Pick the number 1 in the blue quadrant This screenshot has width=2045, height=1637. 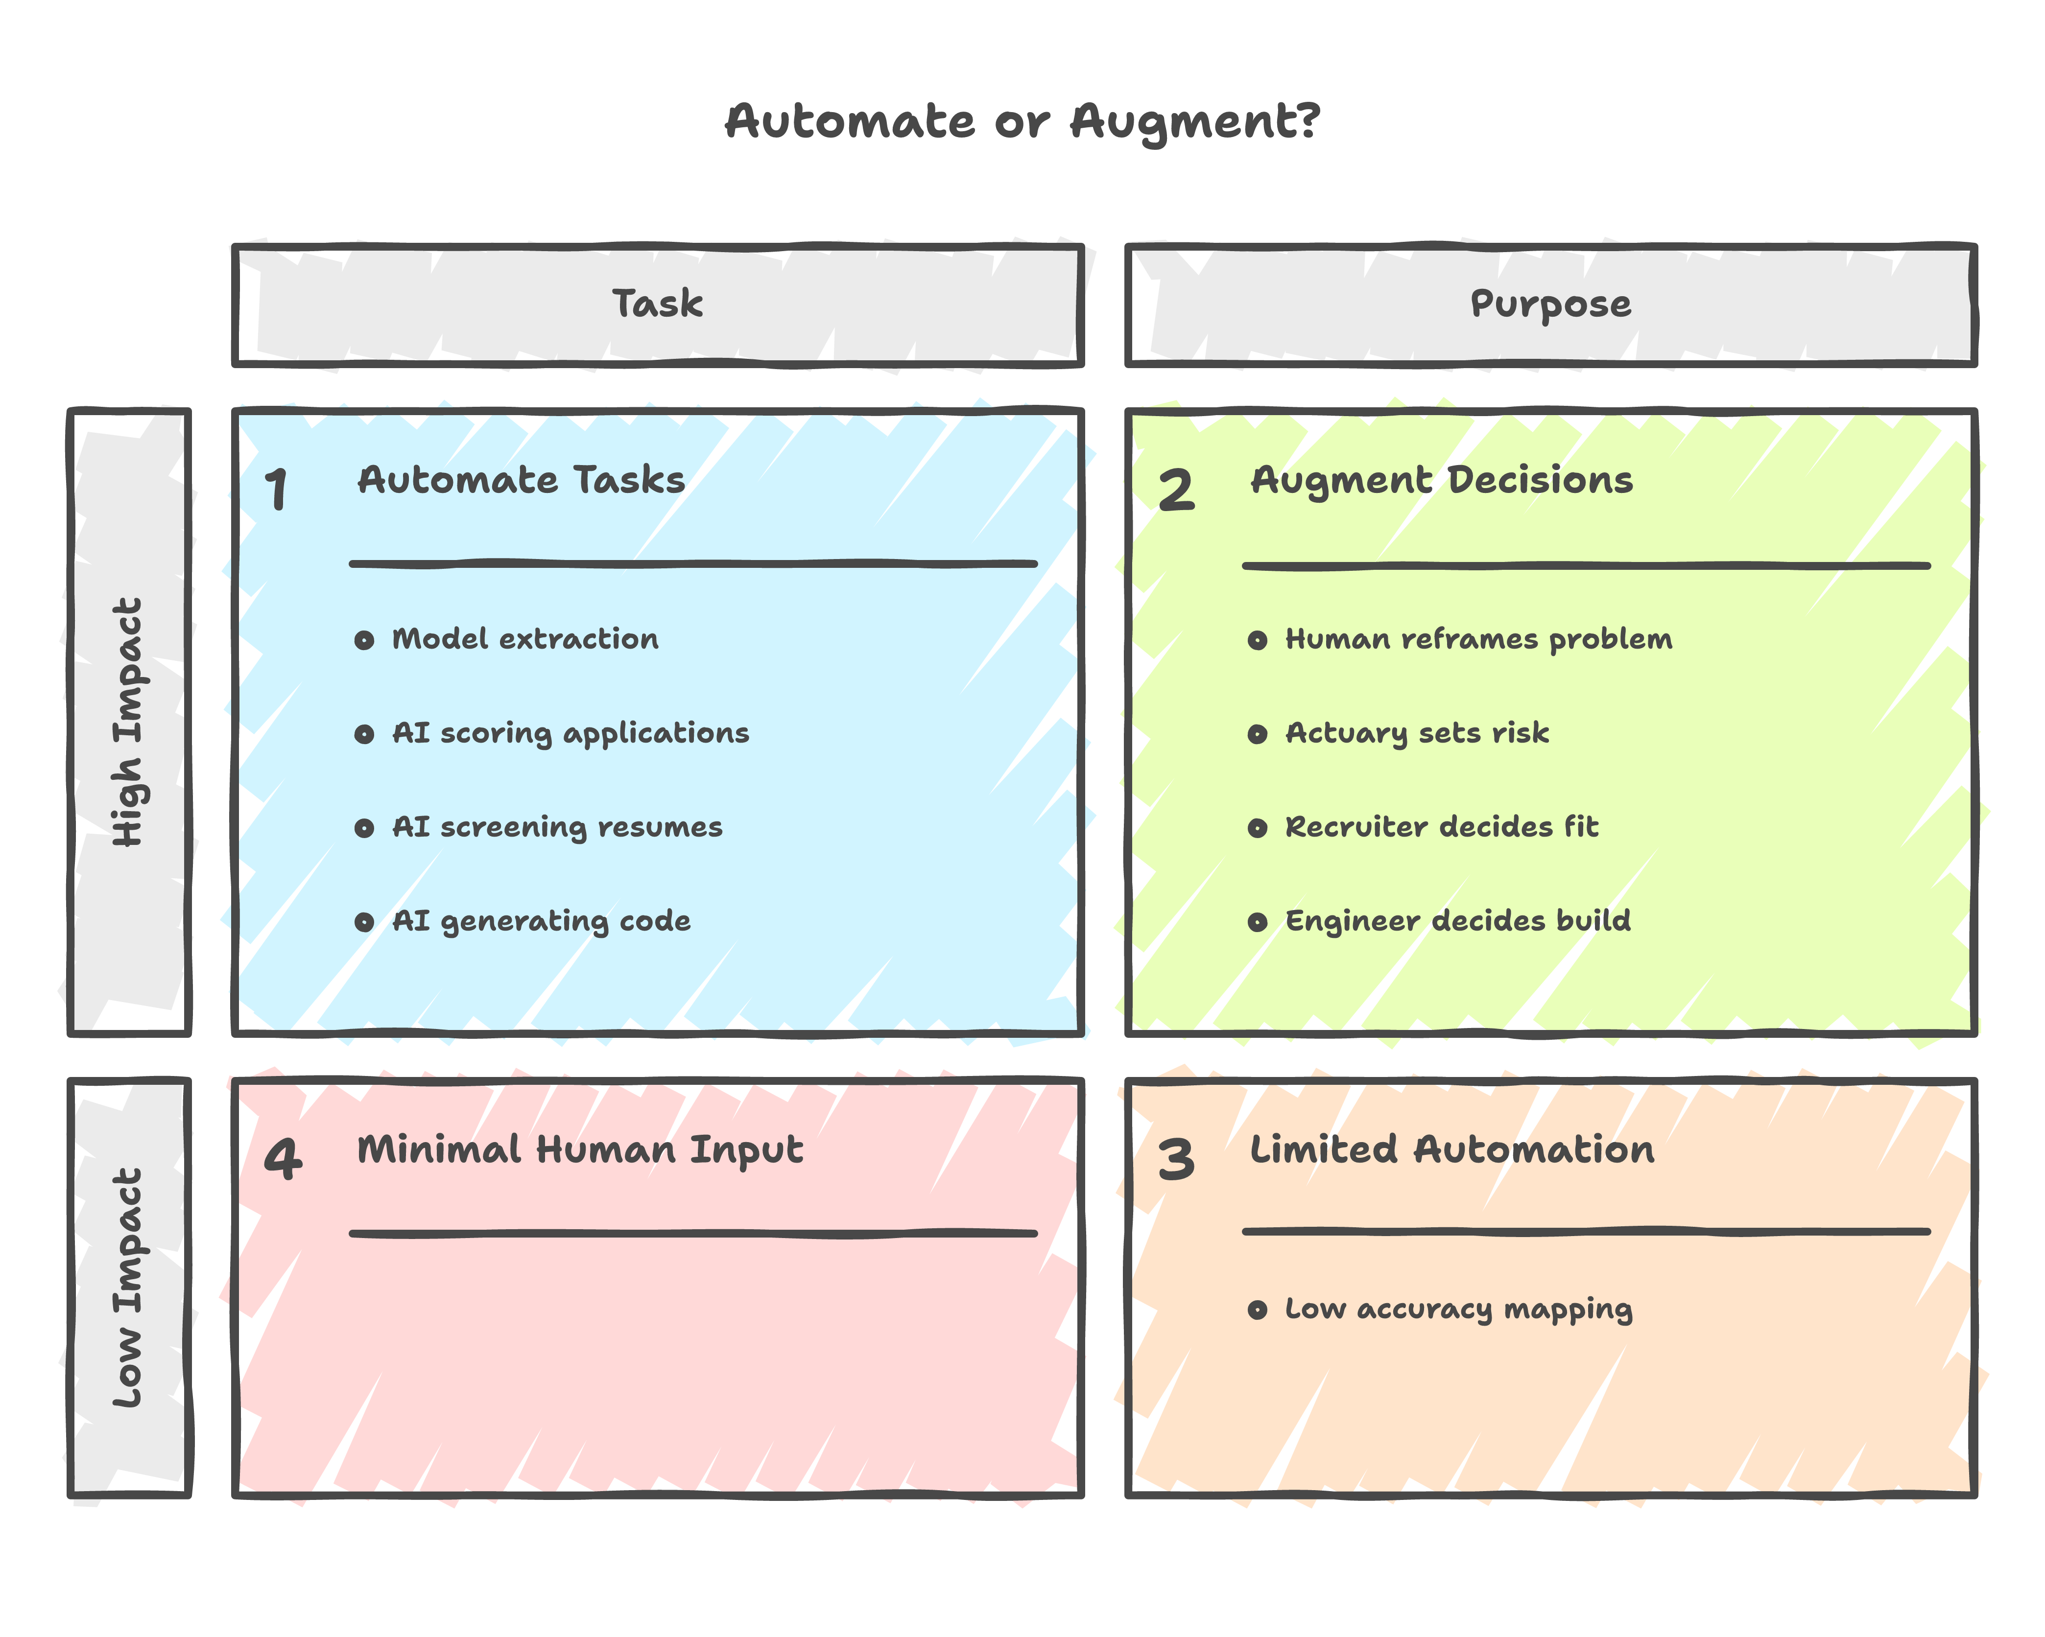click(x=276, y=491)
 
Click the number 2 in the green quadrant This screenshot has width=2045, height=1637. click(x=1176, y=491)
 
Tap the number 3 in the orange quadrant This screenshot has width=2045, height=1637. click(x=1176, y=1160)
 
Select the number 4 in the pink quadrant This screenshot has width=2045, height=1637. click(x=283, y=1160)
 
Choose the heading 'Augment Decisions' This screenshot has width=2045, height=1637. click(x=1442, y=481)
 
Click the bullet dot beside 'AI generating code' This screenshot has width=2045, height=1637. click(x=364, y=922)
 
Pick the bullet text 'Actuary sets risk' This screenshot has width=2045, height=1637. click(x=1417, y=733)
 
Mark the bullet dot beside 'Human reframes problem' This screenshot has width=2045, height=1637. click(x=1258, y=640)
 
